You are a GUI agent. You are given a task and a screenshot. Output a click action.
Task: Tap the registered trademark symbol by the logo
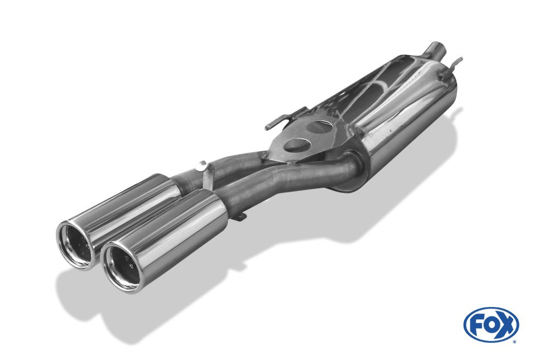click(x=514, y=341)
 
